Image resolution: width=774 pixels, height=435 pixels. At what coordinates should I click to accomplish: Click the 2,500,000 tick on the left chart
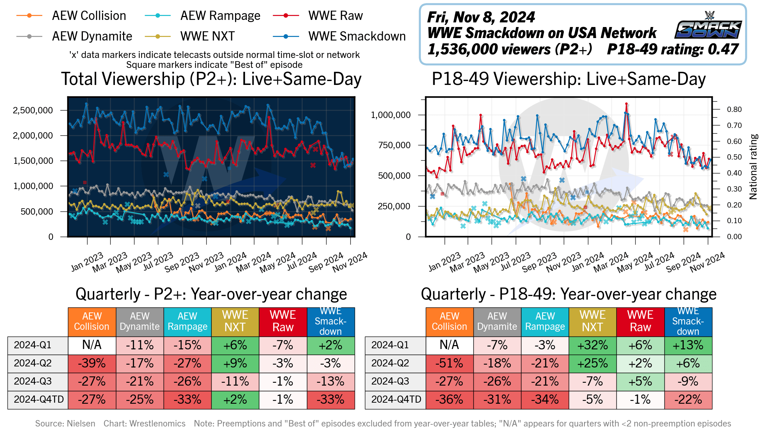(x=33, y=110)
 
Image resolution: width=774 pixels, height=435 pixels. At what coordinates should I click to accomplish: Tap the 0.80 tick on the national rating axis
(x=734, y=109)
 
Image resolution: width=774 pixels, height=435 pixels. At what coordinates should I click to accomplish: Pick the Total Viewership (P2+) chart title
(x=211, y=79)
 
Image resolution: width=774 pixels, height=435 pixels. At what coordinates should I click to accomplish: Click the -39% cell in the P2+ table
(x=92, y=363)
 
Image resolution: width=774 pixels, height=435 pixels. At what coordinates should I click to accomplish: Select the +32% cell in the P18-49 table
(x=593, y=345)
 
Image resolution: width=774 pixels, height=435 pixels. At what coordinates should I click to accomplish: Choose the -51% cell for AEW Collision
(x=450, y=363)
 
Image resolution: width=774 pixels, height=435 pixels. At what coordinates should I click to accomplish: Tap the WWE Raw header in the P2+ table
(x=283, y=321)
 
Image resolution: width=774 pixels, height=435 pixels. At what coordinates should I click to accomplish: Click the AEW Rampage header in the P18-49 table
(x=545, y=321)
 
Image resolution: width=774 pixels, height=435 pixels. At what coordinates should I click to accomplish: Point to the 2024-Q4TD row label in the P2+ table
(x=38, y=399)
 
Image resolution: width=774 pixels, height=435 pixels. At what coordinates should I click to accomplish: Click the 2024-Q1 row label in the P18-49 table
(x=390, y=345)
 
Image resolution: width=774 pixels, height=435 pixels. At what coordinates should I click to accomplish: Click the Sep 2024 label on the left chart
(x=326, y=262)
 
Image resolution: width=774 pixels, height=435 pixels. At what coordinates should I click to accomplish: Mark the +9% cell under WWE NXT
(x=235, y=363)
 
